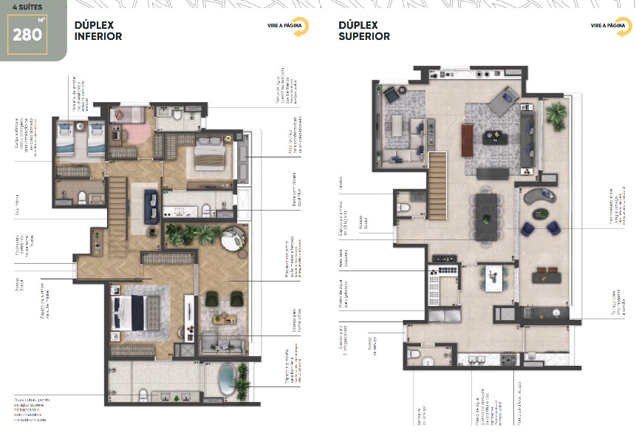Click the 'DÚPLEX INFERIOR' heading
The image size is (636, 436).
pos(98,30)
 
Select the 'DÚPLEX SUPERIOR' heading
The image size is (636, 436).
pos(363,30)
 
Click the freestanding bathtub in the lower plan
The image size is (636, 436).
pos(228,379)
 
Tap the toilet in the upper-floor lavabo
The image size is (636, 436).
pos(403,208)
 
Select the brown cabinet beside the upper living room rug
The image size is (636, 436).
pos(467,139)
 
